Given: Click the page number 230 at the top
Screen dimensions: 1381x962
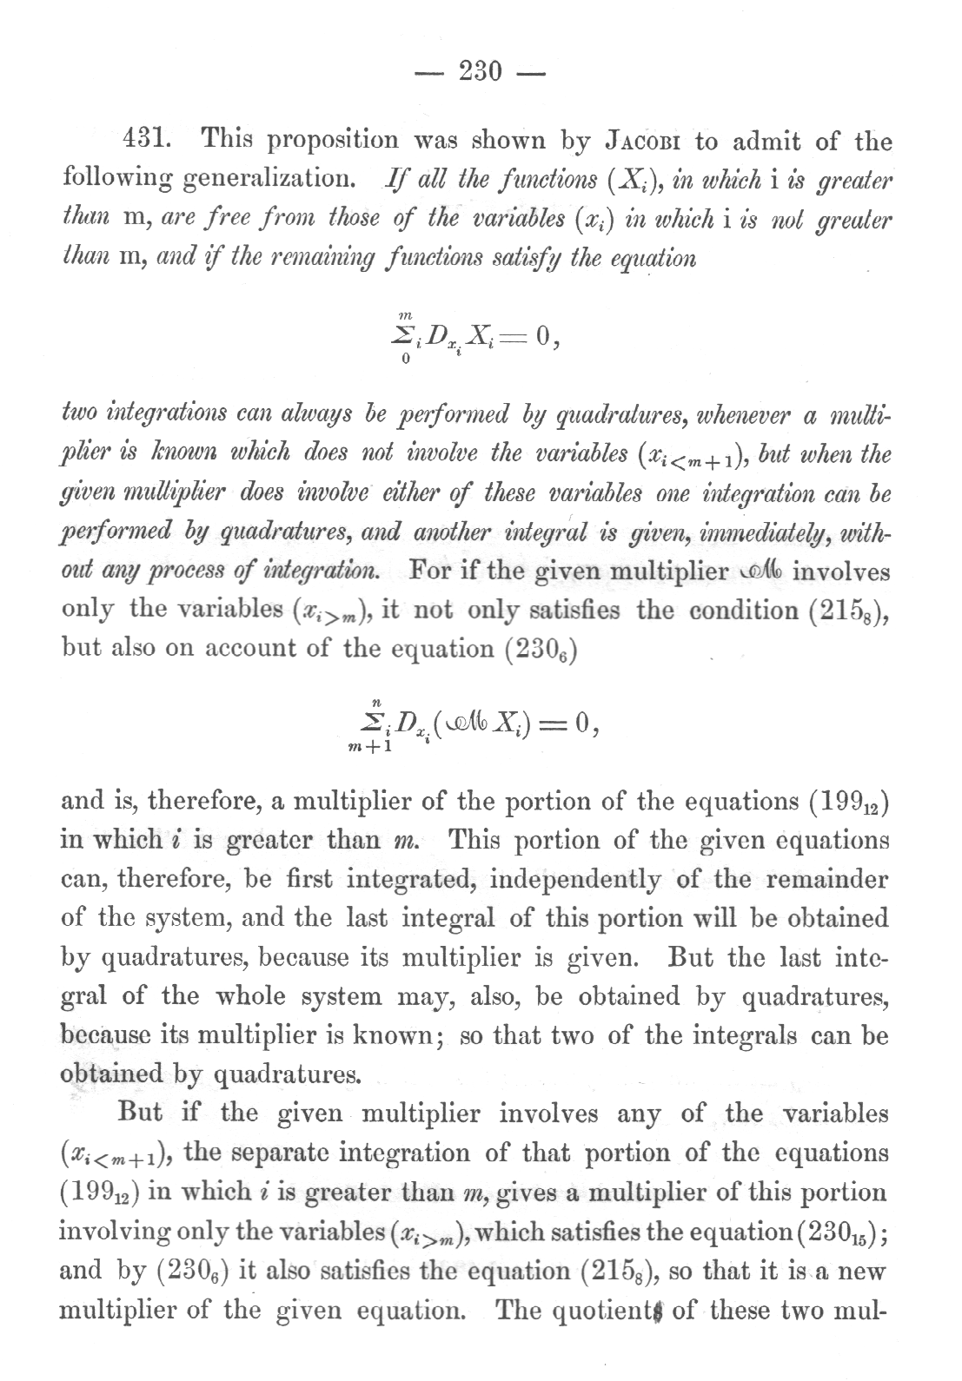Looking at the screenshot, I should [x=480, y=71].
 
